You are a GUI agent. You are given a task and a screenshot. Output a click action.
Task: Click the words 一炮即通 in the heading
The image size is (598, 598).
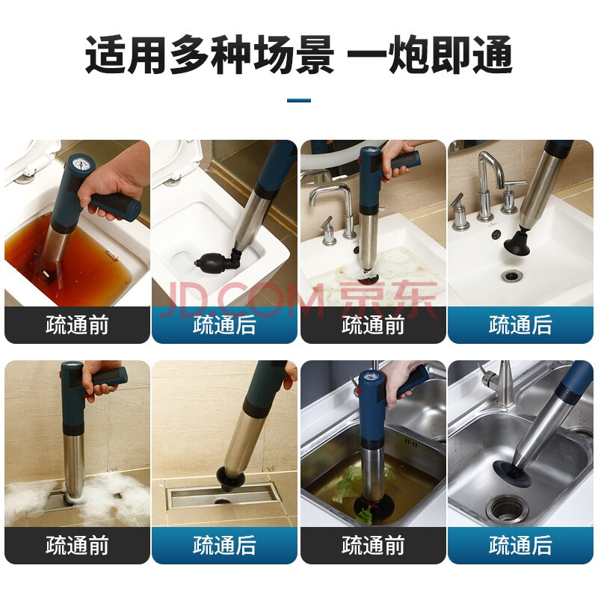[429, 55]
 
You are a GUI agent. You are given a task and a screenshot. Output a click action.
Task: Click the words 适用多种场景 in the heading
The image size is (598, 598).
[209, 55]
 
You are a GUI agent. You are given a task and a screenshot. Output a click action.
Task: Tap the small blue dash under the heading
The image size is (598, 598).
[299, 100]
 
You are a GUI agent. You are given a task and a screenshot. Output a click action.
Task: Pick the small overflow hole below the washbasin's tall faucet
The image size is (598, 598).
[496, 235]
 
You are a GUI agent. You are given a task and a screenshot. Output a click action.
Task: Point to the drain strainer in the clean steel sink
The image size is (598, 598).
[508, 508]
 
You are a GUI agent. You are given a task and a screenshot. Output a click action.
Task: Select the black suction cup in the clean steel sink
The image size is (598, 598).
[510, 472]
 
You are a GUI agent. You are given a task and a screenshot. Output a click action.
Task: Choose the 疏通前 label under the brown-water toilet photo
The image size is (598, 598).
[78, 325]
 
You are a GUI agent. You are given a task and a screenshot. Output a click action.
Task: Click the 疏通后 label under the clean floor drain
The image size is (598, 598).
[224, 545]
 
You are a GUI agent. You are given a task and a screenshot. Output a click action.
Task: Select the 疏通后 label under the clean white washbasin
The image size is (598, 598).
[520, 325]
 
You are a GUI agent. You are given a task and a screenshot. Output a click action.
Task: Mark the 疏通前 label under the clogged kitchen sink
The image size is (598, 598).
[373, 545]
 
